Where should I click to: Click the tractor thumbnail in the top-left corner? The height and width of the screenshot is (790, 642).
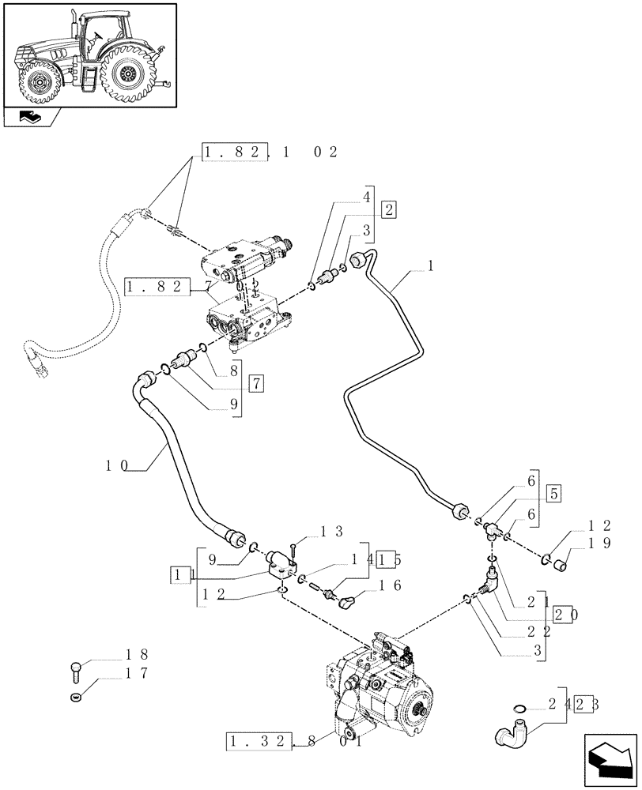pos(89,54)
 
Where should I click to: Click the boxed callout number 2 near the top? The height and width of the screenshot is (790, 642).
pos(388,209)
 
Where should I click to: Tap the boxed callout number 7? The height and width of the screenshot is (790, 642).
pos(256,384)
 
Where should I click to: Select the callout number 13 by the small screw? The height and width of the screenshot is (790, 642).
pos(321,531)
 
